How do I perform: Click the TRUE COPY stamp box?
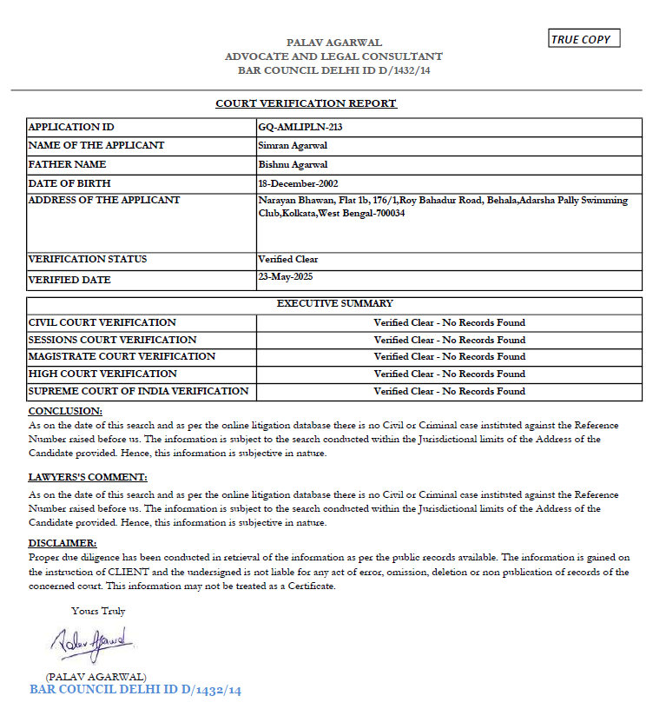click(584, 39)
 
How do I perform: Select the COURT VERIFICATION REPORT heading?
click(306, 103)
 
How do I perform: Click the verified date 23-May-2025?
click(285, 276)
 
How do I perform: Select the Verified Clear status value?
click(288, 259)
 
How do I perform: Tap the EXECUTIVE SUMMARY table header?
click(334, 304)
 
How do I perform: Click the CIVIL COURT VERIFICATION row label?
click(102, 322)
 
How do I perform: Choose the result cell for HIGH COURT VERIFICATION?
click(449, 374)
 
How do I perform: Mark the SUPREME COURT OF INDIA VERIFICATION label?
click(139, 391)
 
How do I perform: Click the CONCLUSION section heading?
click(65, 410)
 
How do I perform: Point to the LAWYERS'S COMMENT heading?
click(88, 477)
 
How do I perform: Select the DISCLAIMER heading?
click(63, 543)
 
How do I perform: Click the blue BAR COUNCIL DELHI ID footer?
click(135, 690)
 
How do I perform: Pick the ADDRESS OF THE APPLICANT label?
click(104, 200)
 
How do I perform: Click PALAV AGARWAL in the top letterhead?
click(334, 43)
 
